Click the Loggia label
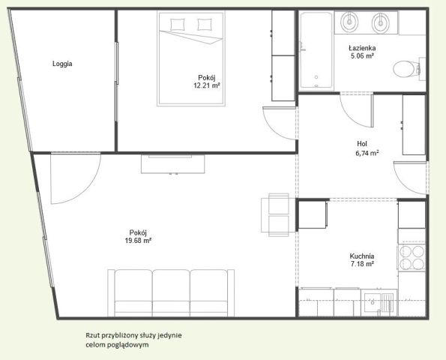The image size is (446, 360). [x=62, y=64]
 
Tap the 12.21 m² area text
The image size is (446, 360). [x=207, y=85]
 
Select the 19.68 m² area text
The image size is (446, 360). [x=138, y=241]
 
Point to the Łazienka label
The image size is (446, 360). [x=362, y=48]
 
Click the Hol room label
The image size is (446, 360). [x=362, y=144]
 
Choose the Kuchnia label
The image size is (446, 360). [x=362, y=256]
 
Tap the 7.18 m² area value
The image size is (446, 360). [x=362, y=264]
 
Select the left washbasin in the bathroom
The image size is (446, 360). [x=349, y=22]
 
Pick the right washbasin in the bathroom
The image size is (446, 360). [x=381, y=22]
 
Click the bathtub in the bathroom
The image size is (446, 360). [x=316, y=49]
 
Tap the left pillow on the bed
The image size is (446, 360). [x=178, y=25]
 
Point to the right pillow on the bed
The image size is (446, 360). [x=205, y=25]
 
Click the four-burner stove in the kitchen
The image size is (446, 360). [x=412, y=258]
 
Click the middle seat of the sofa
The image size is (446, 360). [x=171, y=293]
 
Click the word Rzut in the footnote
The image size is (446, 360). [x=92, y=335]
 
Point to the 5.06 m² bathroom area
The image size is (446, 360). [x=362, y=55]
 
